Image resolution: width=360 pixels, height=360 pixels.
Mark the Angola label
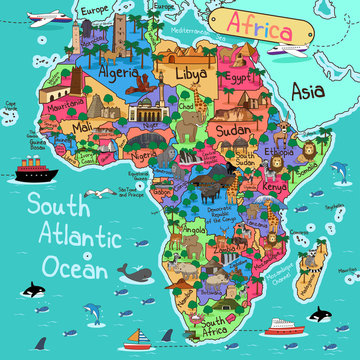(x=195, y=230)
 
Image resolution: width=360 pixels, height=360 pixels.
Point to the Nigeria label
(x=142, y=156)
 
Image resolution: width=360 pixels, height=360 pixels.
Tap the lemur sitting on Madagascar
(x=322, y=257)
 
